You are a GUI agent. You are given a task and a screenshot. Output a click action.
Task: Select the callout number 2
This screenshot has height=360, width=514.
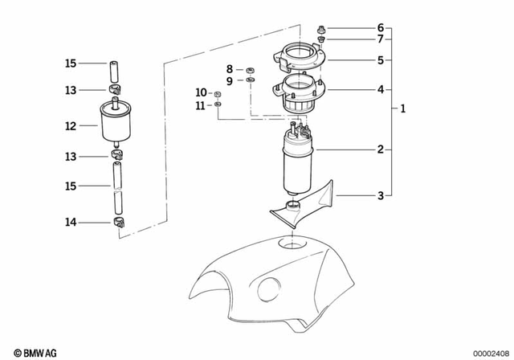tap(380, 149)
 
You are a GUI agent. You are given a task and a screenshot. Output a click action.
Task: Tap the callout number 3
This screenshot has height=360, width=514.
tap(380, 194)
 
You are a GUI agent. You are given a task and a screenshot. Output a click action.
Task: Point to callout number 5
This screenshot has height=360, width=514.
tap(380, 59)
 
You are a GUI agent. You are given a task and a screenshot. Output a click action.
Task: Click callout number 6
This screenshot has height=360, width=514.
tap(380, 27)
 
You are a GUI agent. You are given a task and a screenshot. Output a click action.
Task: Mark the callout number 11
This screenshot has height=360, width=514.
tap(202, 105)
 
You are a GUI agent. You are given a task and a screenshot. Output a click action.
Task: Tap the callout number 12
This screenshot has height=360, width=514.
tap(71, 126)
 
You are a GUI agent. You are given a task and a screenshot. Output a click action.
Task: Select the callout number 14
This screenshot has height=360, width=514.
tap(71, 222)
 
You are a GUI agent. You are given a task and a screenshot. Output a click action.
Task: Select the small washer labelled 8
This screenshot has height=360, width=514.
tap(250, 70)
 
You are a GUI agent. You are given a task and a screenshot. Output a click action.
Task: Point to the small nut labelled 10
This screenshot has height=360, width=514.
tap(218, 93)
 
